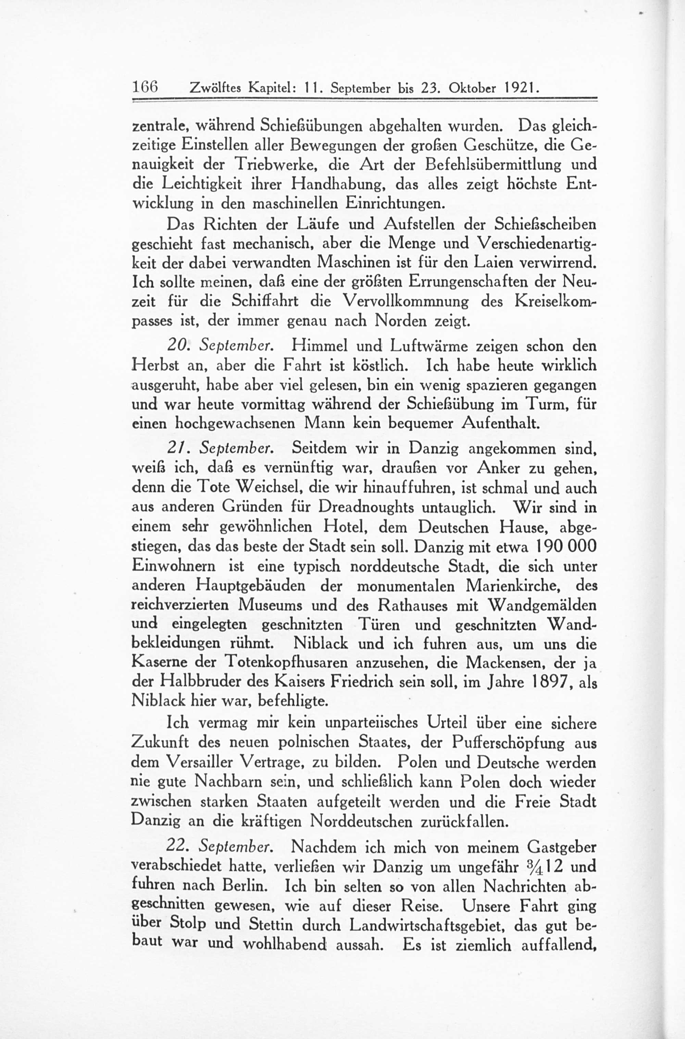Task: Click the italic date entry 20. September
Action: coord(221,346)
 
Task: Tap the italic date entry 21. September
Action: coord(221,449)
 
